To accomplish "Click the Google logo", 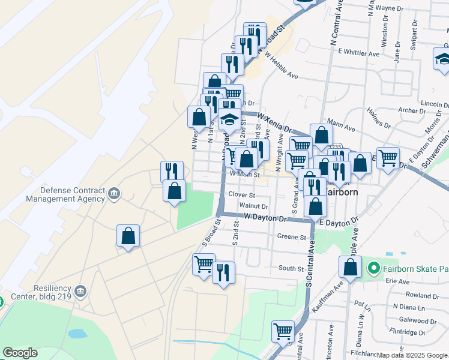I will (x=20, y=353).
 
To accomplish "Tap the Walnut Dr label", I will (x=253, y=206).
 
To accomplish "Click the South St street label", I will (x=291, y=268).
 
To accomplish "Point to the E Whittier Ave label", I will (x=359, y=53).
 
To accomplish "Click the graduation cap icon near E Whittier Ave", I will (x=443, y=59).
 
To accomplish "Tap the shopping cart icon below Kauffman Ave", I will (x=282, y=331).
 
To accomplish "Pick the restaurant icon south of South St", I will (x=223, y=273).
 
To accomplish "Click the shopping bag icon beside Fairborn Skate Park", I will (x=351, y=268).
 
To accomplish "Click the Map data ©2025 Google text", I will (x=412, y=355).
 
